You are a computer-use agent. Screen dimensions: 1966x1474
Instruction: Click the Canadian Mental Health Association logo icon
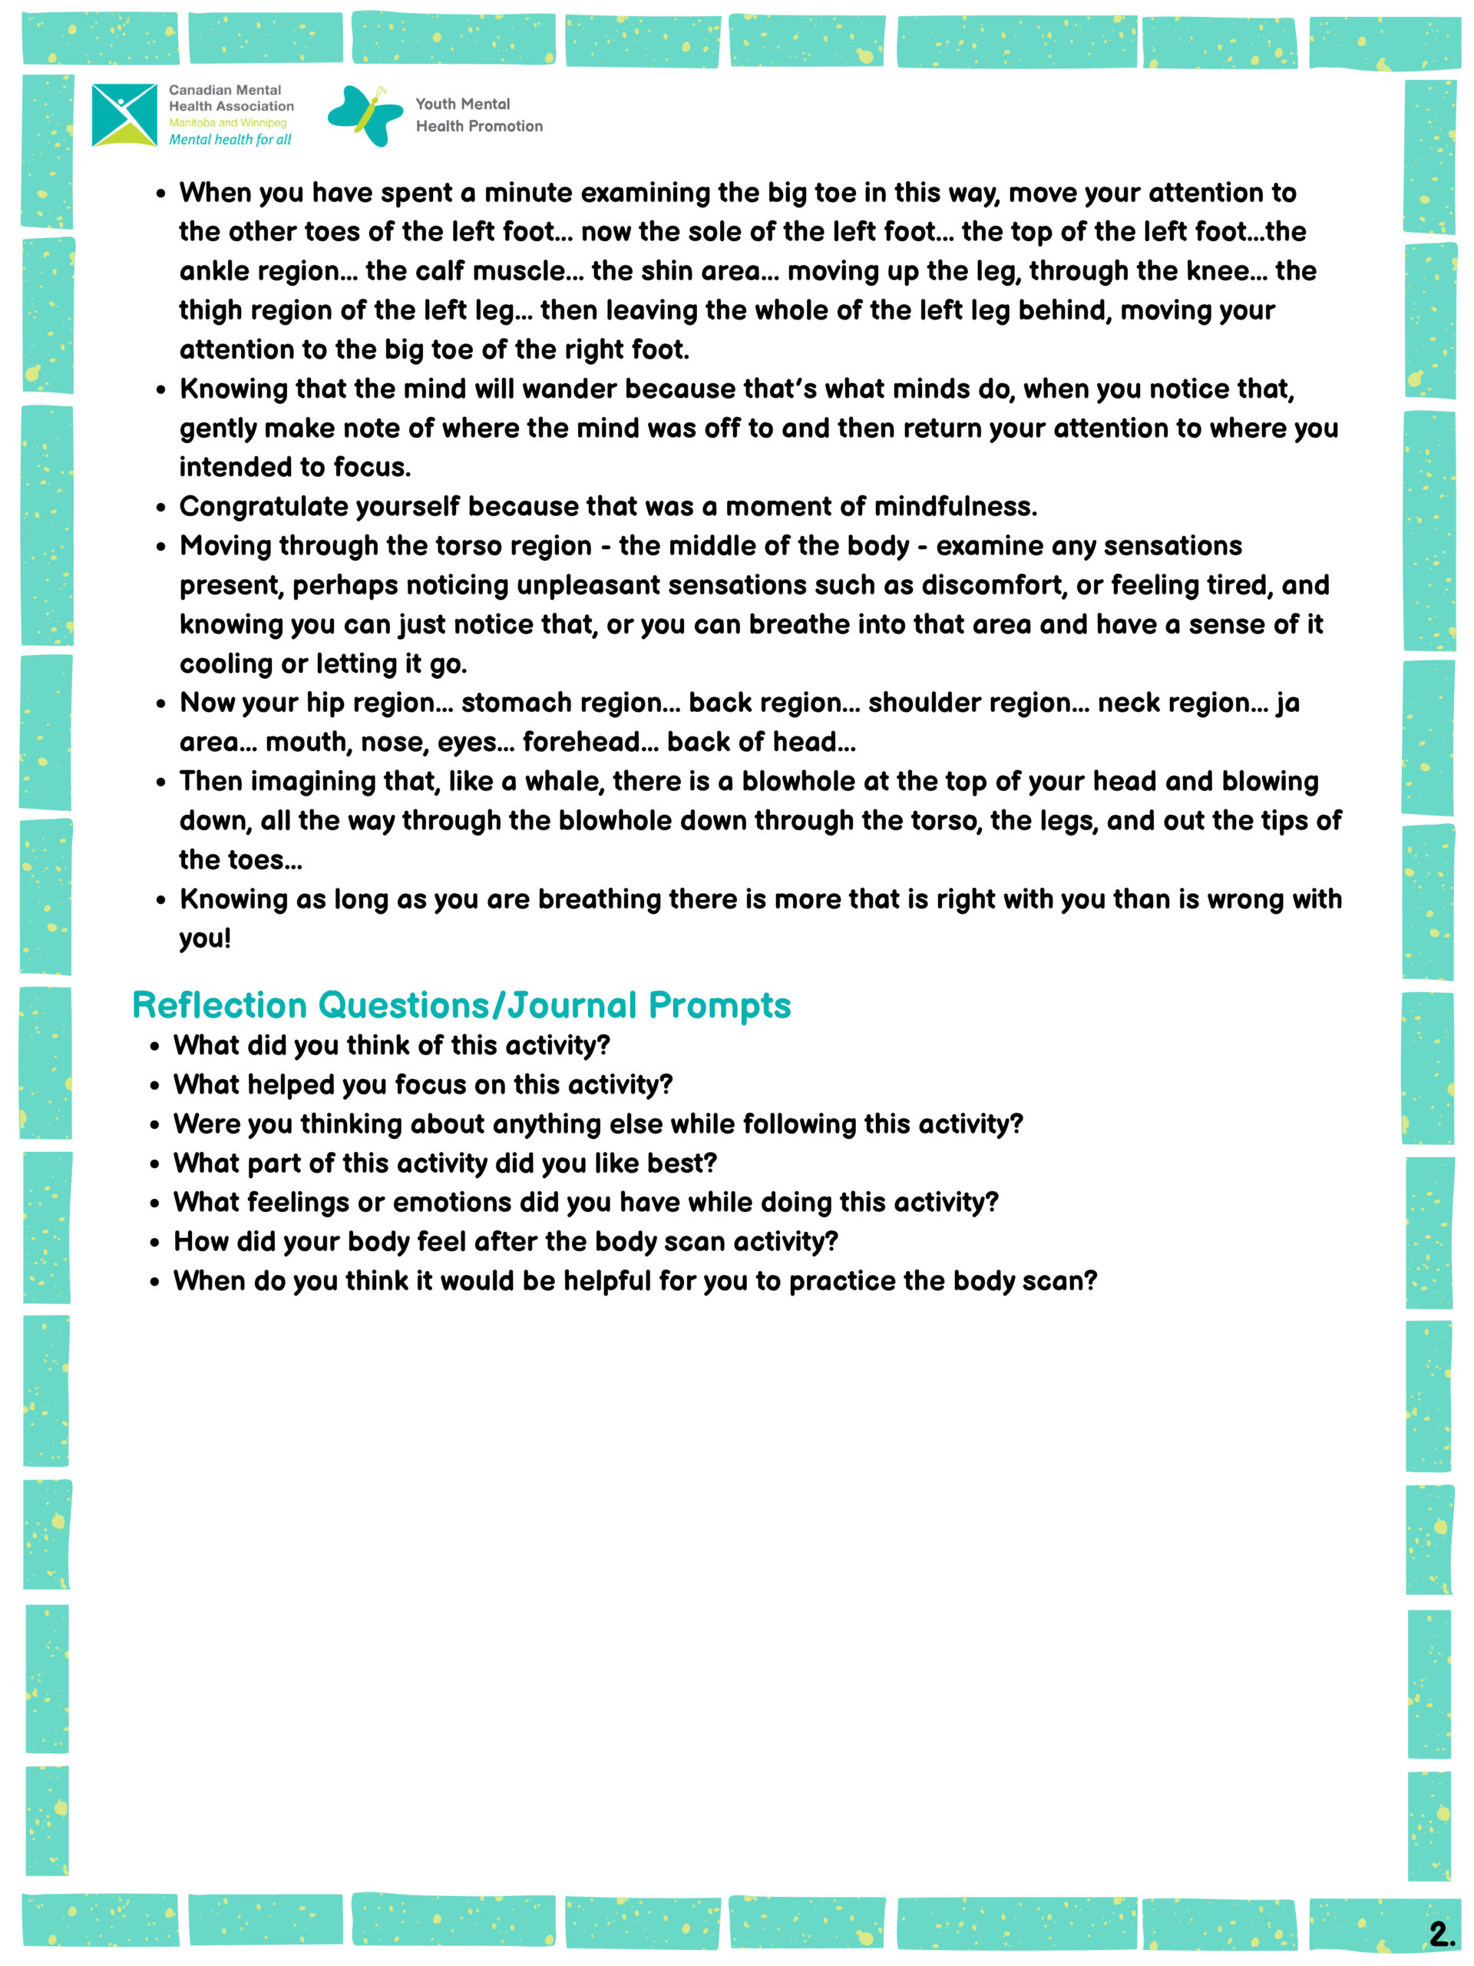pyautogui.click(x=124, y=114)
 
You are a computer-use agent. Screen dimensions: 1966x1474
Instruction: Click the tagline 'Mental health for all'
pyautogui.click(x=230, y=140)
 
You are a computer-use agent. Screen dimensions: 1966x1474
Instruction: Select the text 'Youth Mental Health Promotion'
pyautogui.click(x=478, y=114)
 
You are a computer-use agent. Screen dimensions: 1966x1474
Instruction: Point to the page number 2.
pyautogui.click(x=1440, y=1932)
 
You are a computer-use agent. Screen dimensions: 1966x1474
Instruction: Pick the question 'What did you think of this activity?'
pyautogui.click(x=391, y=1045)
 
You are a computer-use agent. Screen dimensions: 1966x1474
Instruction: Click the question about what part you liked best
pyautogui.click(x=445, y=1163)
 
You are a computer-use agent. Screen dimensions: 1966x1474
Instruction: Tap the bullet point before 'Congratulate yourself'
pyautogui.click(x=160, y=508)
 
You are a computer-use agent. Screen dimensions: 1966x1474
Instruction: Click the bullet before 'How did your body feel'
pyautogui.click(x=154, y=1243)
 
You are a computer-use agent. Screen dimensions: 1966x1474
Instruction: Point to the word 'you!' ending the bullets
pyautogui.click(x=204, y=938)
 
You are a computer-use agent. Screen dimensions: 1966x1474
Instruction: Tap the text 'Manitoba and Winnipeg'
pyautogui.click(x=227, y=123)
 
